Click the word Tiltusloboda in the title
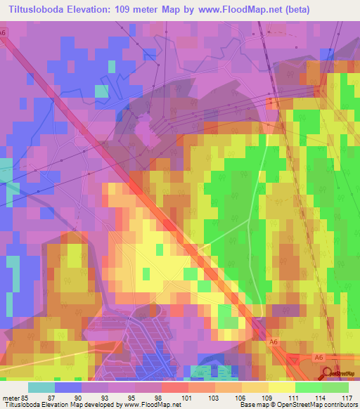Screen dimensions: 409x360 point(40,11)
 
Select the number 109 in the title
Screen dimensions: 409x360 point(133,11)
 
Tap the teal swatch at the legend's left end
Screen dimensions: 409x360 point(41,387)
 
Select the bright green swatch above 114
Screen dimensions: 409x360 point(309,387)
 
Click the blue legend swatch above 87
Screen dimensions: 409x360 point(68,387)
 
